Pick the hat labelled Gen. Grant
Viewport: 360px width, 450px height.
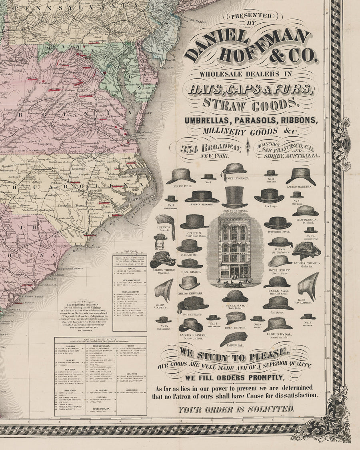tap(190, 263)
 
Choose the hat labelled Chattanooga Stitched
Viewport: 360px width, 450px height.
tap(305, 211)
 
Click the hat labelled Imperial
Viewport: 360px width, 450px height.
tap(234, 338)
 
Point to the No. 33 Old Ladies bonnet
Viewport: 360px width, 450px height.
tap(309, 286)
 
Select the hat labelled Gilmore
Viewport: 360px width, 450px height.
tap(189, 246)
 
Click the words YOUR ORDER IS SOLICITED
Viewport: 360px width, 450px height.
tap(236, 409)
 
